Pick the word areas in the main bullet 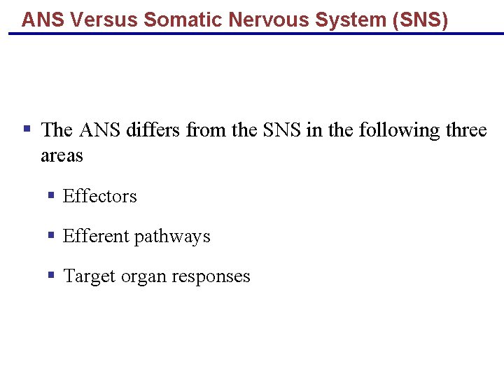[x=62, y=155]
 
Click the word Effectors [x=99, y=196]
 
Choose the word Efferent [x=95, y=237]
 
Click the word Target [x=89, y=276]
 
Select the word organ [x=144, y=277]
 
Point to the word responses [x=211, y=277]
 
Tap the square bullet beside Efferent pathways [x=51, y=235]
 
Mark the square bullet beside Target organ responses [x=51, y=275]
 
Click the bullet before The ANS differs [x=27, y=129]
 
